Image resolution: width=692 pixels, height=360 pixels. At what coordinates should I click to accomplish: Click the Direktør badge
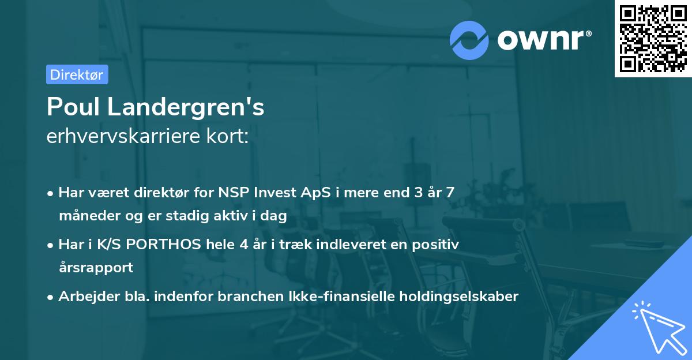pyautogui.click(x=77, y=74)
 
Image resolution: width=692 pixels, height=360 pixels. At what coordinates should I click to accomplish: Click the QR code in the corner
pyautogui.click(x=653, y=38)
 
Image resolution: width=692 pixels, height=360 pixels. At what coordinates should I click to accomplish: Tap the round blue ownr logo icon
pyautogui.click(x=469, y=39)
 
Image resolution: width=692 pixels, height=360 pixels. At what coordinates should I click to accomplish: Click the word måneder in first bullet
pyautogui.click(x=86, y=216)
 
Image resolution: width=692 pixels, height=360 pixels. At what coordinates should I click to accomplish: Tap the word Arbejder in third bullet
pyautogui.click(x=84, y=297)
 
